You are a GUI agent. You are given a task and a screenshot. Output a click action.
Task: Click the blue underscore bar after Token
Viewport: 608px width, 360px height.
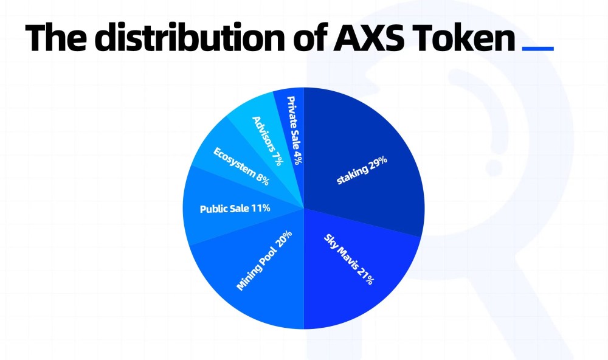click(x=538, y=49)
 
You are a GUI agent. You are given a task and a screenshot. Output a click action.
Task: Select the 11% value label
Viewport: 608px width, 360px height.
click(x=261, y=209)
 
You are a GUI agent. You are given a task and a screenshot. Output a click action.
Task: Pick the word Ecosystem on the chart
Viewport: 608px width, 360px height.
click(x=234, y=161)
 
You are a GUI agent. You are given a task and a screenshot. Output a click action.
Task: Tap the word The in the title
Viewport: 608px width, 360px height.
click(x=56, y=38)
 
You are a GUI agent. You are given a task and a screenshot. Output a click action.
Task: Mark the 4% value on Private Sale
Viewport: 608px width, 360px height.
click(x=298, y=157)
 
